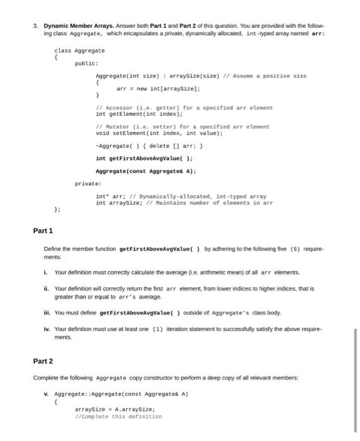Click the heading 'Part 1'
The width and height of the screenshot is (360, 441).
coord(43,231)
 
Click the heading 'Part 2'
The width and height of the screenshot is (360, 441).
coord(43,361)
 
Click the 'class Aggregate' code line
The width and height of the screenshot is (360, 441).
coord(80,50)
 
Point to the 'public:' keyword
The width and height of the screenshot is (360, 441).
coord(86,63)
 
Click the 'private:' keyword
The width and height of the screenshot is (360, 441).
coord(87,183)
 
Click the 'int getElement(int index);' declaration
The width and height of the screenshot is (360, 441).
coord(139,114)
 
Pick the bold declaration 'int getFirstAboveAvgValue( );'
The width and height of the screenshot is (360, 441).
coord(144,158)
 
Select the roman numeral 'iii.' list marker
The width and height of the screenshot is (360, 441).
coord(47,312)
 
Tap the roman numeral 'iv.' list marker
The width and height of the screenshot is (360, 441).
coord(47,328)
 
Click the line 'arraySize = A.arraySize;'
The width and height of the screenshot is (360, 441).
coord(115,408)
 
